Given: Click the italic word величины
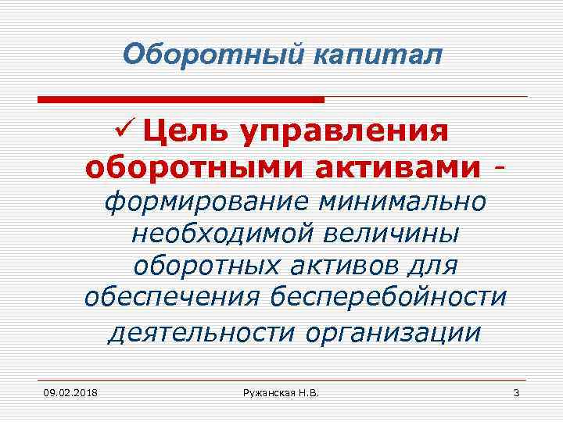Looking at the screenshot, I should coord(400,234).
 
